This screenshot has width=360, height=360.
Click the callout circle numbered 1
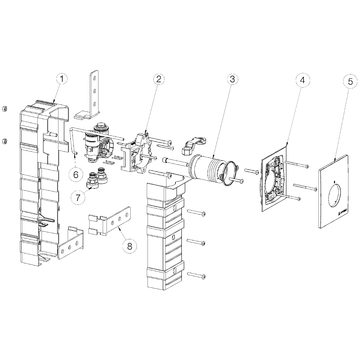(x=61, y=79)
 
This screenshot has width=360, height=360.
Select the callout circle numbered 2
(x=158, y=79)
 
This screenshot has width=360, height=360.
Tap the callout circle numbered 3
(x=232, y=79)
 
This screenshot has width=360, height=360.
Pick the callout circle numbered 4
(x=302, y=80)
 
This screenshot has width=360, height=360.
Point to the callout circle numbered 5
(x=350, y=82)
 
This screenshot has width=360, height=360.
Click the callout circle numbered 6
(x=76, y=174)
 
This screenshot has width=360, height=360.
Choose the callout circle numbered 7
(x=78, y=197)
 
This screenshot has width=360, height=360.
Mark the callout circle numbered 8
(x=129, y=246)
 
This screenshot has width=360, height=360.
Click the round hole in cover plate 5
(x=335, y=196)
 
